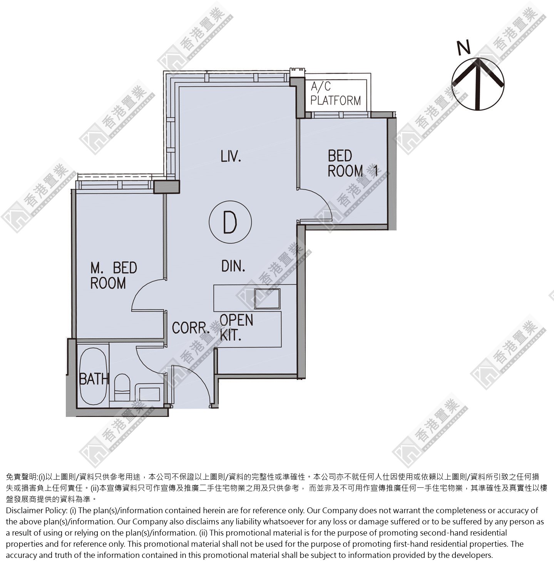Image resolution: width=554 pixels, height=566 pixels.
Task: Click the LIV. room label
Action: [231, 156]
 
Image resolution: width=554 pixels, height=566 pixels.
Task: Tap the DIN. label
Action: [233, 266]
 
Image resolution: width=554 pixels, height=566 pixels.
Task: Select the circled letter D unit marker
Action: [230, 222]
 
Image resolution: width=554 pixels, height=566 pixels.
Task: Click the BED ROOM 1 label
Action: [352, 164]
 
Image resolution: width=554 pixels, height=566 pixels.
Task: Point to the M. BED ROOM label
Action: [114, 275]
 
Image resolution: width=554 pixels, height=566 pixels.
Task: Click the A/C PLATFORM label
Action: [335, 93]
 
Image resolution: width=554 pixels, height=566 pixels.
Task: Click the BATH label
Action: [94, 379]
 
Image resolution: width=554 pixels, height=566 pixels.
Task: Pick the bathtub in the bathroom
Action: [94, 376]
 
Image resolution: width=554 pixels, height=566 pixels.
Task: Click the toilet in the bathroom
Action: [122, 388]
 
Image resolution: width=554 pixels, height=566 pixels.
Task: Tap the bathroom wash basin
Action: [149, 394]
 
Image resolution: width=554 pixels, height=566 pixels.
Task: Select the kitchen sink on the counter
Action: [267, 299]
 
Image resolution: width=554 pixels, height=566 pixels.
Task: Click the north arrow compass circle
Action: [478, 84]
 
